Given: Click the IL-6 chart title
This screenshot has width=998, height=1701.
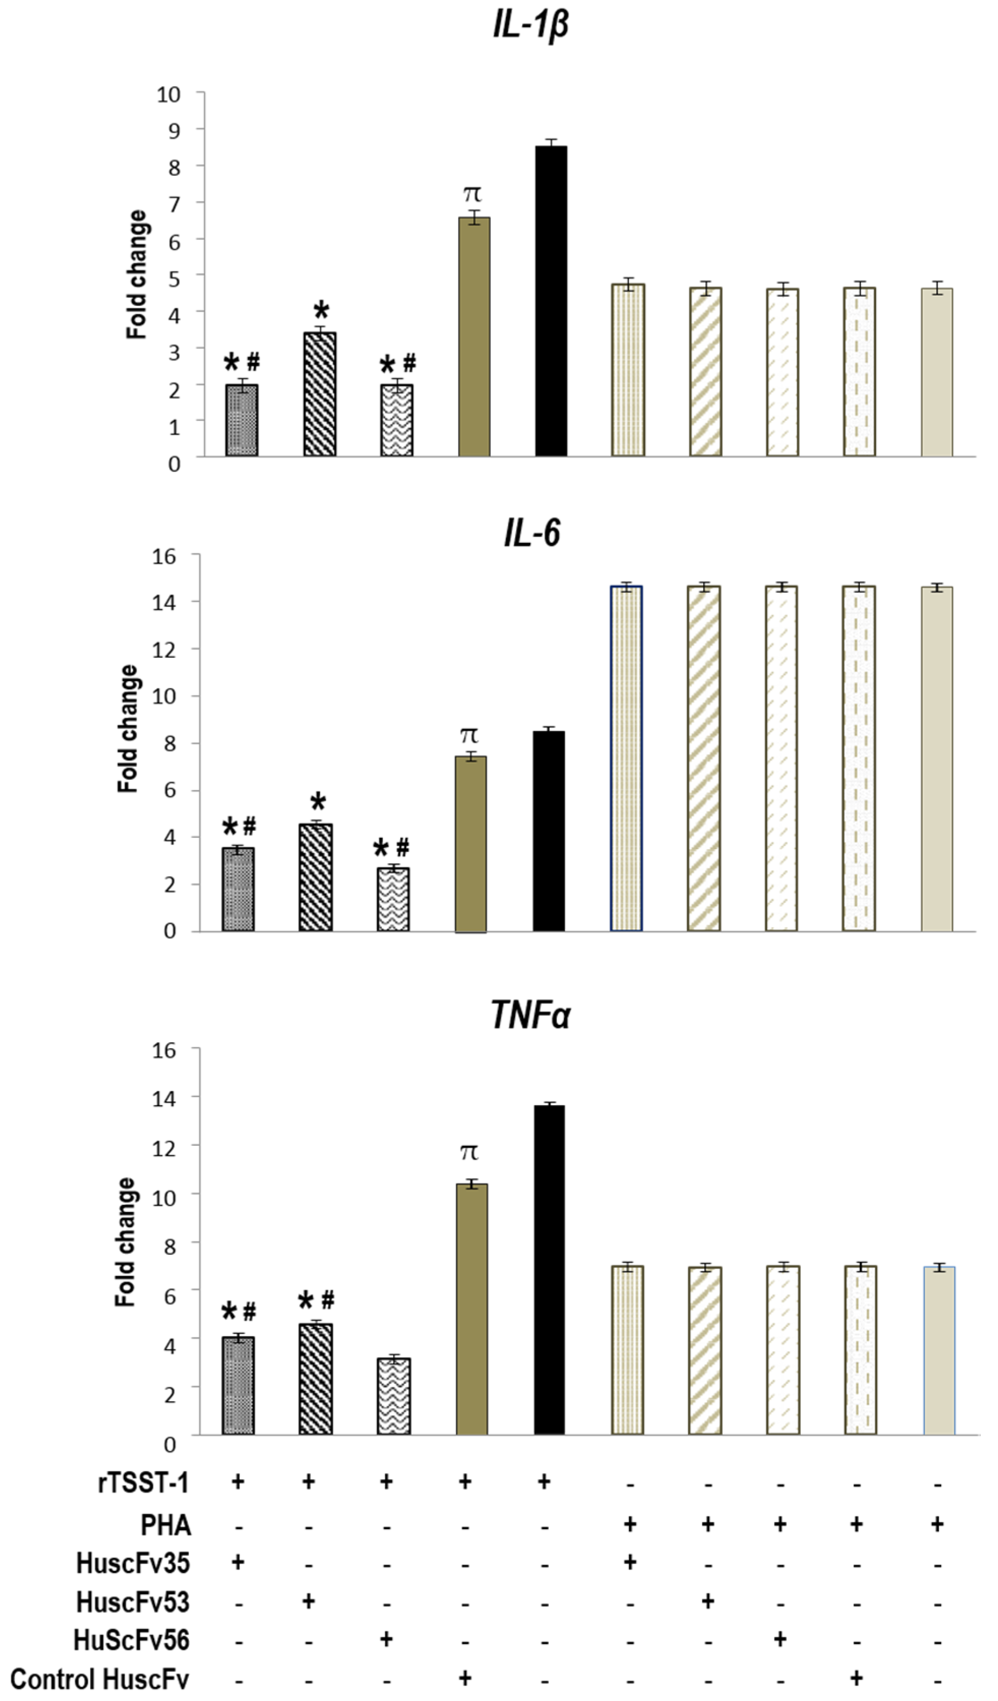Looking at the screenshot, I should point(532,535).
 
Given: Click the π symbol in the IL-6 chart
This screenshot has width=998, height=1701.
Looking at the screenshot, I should point(469,734).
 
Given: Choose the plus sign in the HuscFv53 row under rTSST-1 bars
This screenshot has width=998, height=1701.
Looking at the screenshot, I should point(308,1600).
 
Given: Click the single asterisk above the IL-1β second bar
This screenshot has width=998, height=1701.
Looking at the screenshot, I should point(321,312).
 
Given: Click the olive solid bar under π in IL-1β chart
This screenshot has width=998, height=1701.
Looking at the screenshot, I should point(475,337).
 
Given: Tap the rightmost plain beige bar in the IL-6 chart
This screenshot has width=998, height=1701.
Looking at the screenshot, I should point(937,760).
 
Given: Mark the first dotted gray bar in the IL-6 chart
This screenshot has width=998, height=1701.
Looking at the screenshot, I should point(238,890).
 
